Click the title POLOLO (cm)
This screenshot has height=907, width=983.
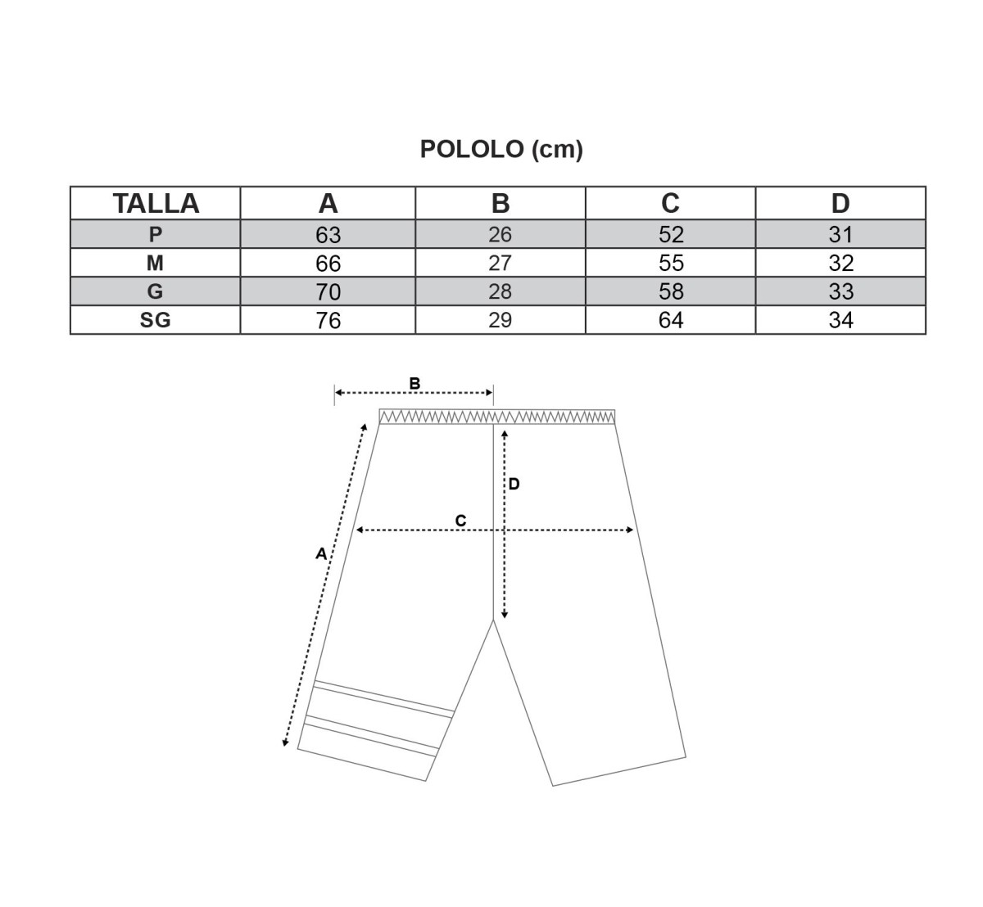coord(501,149)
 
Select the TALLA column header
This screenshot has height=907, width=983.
coord(156,203)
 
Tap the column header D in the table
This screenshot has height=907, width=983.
coord(840,203)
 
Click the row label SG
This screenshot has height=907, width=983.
coord(156,320)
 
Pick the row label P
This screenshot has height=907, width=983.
coord(156,234)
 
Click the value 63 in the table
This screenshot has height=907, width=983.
coord(328,235)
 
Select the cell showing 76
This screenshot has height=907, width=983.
coord(328,321)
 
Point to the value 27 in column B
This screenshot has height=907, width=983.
coord(500,263)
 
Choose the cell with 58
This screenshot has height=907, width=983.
coord(671,291)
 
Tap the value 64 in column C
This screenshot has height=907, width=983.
coord(671,320)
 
